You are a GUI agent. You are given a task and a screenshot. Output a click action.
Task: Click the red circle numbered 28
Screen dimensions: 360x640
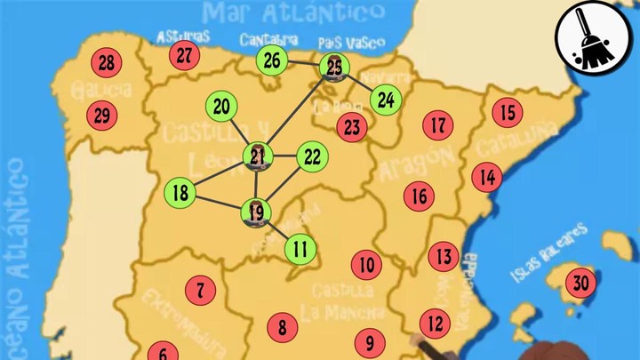[x=107, y=63]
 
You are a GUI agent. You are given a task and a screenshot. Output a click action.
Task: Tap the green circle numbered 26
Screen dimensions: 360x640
[x=272, y=60]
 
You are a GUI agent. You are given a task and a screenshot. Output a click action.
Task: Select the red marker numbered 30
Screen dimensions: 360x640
[x=581, y=284]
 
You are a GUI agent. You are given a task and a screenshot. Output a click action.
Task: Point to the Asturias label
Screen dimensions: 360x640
[x=183, y=36]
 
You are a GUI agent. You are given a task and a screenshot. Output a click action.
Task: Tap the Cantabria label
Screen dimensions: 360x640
[x=268, y=40]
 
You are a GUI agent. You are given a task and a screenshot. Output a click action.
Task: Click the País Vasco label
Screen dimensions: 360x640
[x=351, y=43]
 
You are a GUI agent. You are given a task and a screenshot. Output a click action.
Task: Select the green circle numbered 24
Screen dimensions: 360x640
[x=385, y=100]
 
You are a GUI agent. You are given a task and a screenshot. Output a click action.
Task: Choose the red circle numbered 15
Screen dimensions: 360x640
[x=508, y=113]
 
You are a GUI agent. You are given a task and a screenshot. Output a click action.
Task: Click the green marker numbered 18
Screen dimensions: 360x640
[x=180, y=192]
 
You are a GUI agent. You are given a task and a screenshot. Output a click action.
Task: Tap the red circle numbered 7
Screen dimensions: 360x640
[x=201, y=289]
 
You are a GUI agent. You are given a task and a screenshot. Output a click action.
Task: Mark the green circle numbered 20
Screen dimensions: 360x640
[x=221, y=107]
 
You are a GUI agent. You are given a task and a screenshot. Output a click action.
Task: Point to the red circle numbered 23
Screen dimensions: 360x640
[x=352, y=126]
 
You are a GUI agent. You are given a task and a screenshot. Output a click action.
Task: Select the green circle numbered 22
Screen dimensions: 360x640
[x=311, y=157]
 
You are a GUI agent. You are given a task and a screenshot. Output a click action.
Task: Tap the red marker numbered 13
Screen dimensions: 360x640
[x=444, y=257]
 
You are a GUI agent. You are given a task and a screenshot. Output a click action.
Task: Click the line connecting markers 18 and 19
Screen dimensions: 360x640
[x=218, y=202]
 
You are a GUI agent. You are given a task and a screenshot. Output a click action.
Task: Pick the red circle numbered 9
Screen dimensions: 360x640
[x=370, y=341]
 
